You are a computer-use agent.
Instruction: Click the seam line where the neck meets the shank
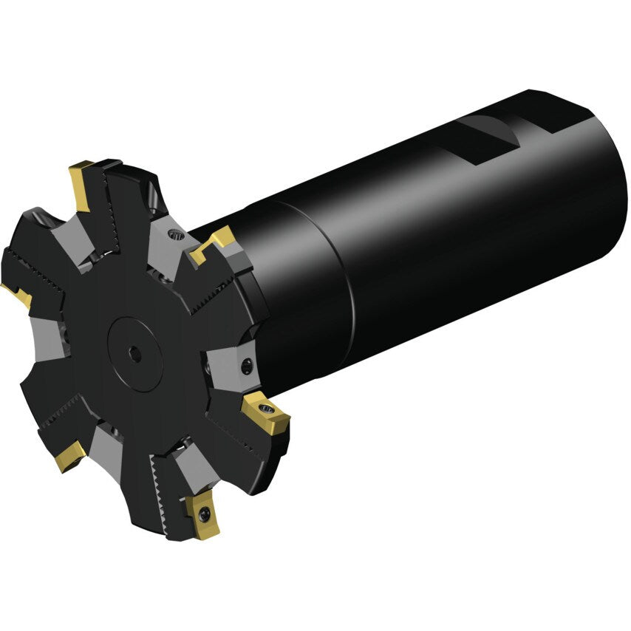coord(347,281)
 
